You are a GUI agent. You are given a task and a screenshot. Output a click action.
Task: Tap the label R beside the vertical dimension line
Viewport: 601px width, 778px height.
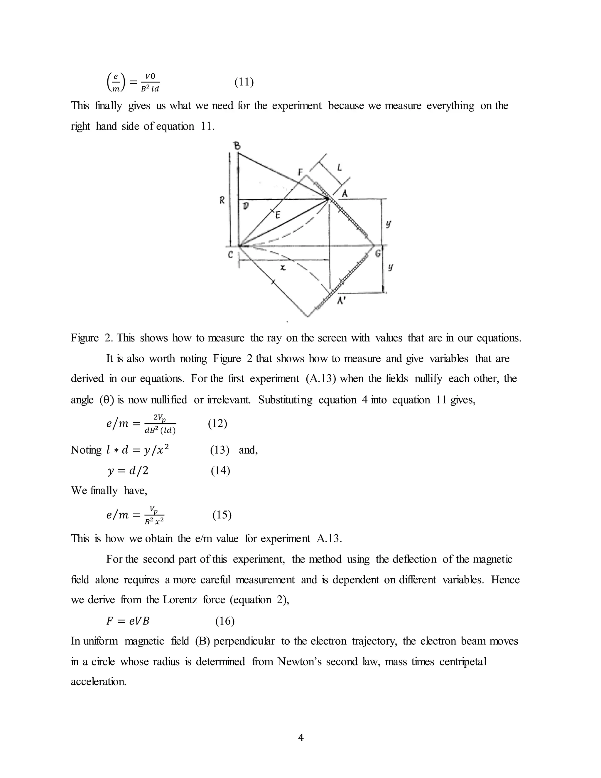tap(222, 201)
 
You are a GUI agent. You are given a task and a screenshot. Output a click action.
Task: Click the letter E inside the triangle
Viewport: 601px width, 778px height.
tap(278, 215)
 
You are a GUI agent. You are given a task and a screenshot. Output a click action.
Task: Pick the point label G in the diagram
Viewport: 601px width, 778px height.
tap(378, 254)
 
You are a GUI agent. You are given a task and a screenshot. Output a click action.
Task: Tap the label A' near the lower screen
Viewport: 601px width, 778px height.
tap(342, 300)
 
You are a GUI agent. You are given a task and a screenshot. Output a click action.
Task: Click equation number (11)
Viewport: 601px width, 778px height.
tap(244, 82)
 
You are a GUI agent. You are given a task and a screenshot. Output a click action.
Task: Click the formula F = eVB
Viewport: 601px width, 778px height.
tap(128, 621)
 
